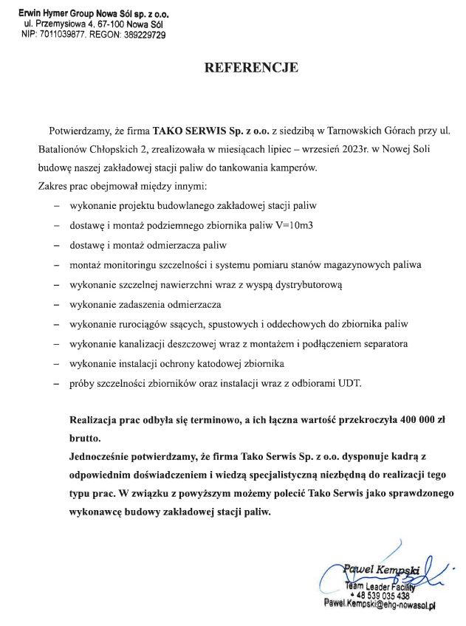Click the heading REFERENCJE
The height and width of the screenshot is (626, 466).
[x=251, y=68]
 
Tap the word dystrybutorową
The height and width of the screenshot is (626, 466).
[x=305, y=283]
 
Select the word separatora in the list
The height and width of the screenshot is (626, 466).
[x=385, y=343]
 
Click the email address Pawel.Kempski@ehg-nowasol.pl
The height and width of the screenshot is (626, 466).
[x=380, y=605]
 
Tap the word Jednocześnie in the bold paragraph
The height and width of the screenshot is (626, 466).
[x=103, y=455]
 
